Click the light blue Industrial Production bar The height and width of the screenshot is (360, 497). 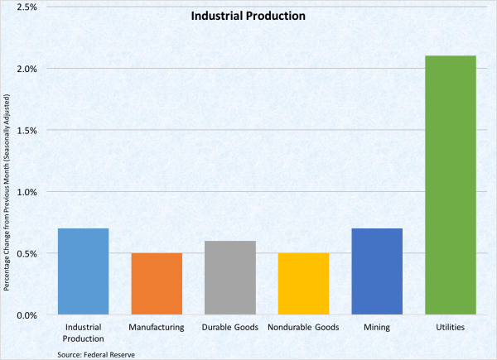84,271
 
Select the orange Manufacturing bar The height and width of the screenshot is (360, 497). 157,284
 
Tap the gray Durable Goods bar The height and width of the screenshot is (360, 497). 230,278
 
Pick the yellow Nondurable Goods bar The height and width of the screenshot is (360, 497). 303,284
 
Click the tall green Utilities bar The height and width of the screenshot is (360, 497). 450,185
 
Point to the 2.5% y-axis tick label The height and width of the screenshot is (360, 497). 27,7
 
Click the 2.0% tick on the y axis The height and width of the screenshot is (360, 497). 27,69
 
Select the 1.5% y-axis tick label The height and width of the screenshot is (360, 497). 27,130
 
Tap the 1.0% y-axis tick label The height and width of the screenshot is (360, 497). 27,192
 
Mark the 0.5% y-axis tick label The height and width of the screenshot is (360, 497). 27,253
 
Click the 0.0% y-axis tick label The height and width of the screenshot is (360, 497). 27,315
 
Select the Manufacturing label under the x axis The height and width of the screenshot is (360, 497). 157,328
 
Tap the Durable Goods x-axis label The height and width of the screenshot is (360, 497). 229,328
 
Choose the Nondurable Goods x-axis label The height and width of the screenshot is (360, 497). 303,328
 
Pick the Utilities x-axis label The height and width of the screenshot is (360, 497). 450,328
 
